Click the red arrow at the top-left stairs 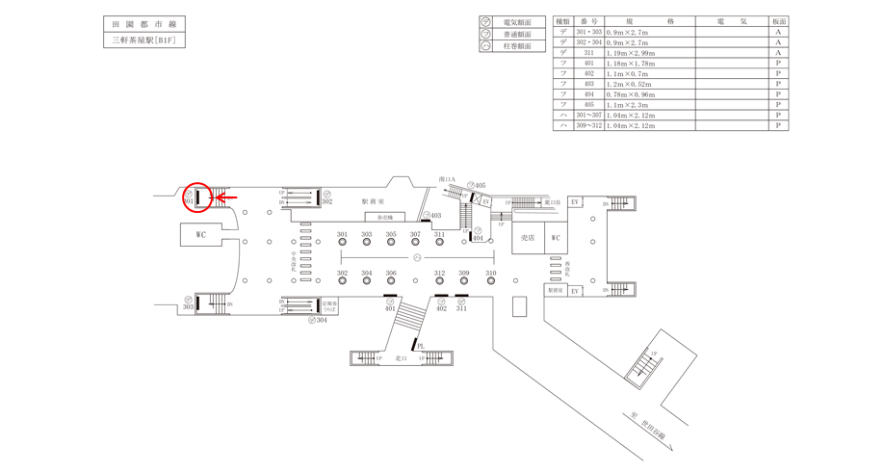click(x=225, y=198)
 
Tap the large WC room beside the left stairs click(x=201, y=234)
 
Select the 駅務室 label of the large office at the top click(x=373, y=201)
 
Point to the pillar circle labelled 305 click(x=391, y=242)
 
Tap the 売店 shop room click(x=527, y=238)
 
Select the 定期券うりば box click(x=330, y=305)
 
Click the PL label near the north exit click(x=421, y=346)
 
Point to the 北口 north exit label click(x=402, y=358)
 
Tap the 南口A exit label click(x=446, y=179)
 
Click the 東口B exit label click(x=552, y=202)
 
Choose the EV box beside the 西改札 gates click(x=575, y=290)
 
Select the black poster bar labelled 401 click(x=390, y=296)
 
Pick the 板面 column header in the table click(x=778, y=21)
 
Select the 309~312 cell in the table click(x=588, y=126)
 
